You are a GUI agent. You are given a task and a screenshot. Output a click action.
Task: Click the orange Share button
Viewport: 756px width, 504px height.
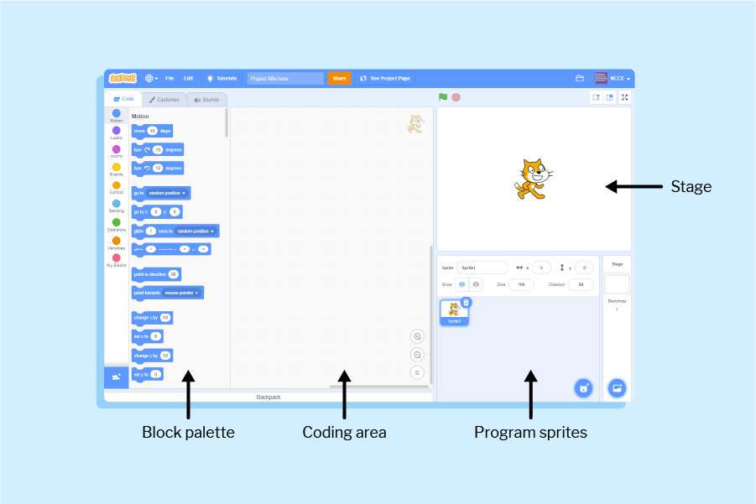pos(339,78)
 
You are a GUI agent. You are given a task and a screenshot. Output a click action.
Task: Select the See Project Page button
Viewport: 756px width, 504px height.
pos(385,78)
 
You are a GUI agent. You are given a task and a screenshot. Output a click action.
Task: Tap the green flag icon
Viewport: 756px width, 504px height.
pos(443,97)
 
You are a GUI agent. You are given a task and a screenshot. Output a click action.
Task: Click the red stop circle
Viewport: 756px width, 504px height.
pos(456,97)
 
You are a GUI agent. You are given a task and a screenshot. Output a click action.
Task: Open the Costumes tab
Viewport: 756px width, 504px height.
pos(164,99)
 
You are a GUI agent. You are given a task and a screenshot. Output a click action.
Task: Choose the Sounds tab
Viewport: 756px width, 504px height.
pos(206,99)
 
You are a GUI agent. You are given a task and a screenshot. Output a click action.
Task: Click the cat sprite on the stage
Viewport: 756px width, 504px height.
pos(530,179)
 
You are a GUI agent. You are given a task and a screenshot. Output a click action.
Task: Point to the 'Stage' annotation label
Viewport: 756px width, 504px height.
pos(691,186)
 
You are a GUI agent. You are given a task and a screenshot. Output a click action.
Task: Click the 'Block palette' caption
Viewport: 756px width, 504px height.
pos(188,433)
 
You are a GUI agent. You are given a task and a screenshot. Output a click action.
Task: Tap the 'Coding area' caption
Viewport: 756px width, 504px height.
pos(344,433)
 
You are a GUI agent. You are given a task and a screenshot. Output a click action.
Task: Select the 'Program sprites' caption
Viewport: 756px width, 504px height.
pos(530,433)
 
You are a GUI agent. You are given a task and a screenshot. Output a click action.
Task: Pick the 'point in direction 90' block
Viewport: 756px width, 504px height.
pos(156,273)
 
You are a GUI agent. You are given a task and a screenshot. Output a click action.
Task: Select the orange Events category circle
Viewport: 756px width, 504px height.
pos(117,167)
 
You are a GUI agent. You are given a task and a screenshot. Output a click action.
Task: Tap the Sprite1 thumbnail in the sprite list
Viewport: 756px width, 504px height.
pos(454,311)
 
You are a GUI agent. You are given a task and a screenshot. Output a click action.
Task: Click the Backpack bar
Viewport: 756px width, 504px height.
pos(269,397)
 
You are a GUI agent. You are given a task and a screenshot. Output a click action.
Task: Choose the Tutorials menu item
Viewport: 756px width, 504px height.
pos(222,78)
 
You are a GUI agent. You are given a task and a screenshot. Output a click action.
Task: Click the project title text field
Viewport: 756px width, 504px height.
pos(284,78)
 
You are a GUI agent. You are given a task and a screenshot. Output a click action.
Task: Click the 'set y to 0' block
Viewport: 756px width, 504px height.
pos(148,374)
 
